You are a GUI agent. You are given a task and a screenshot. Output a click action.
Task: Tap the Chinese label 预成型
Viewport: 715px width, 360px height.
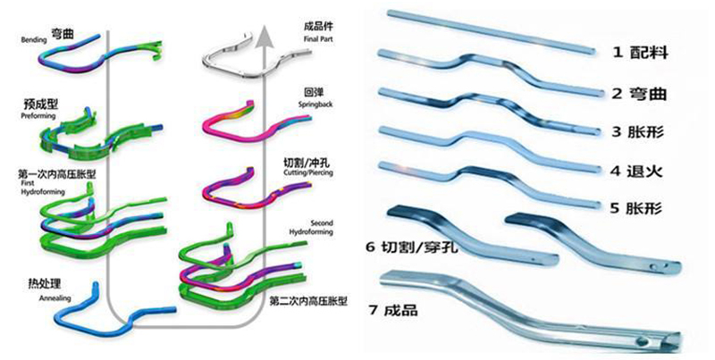[31, 105]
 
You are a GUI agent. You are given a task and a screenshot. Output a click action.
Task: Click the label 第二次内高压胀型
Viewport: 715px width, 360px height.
[307, 302]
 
